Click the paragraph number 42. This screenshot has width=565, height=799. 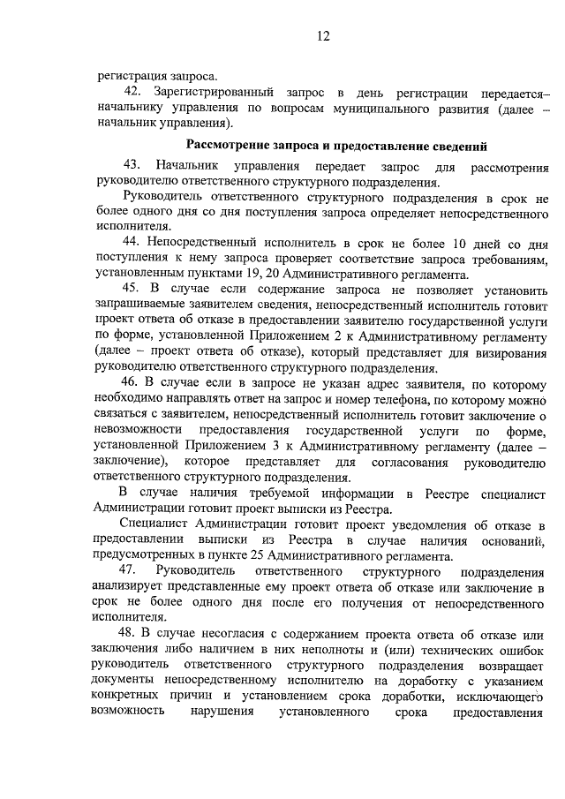pyautogui.click(x=132, y=93)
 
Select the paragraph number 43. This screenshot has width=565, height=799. pyautogui.click(x=132, y=166)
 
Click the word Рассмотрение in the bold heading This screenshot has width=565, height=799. pyautogui.click(x=231, y=145)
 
